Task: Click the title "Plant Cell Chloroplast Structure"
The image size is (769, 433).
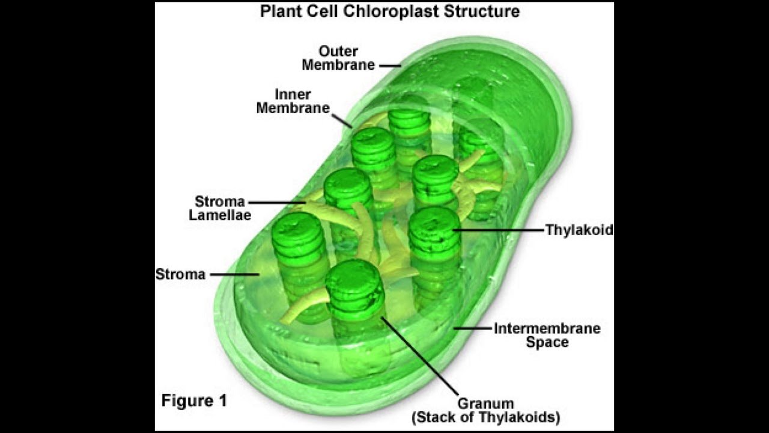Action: click(x=390, y=11)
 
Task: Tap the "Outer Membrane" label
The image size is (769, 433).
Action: click(x=338, y=58)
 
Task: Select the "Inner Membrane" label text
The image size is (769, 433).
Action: click(x=293, y=101)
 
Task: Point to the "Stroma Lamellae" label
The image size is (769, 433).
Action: click(x=220, y=208)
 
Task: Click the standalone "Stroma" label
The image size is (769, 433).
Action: click(x=181, y=274)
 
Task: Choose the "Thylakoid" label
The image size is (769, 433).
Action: click(x=580, y=230)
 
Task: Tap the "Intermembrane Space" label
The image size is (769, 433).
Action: click(x=547, y=335)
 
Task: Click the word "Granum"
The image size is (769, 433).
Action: click(x=485, y=404)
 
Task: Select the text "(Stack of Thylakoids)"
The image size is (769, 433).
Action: click(x=486, y=417)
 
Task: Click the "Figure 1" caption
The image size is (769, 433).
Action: click(x=194, y=401)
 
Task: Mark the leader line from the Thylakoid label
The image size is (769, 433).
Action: click(x=499, y=230)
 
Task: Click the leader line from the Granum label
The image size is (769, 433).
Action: click(x=419, y=355)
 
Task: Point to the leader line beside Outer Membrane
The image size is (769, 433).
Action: click(x=391, y=66)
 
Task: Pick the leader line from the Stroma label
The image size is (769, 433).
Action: click(x=235, y=274)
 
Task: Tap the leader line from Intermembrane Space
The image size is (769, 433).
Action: click(x=473, y=328)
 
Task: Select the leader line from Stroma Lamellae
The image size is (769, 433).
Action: click(x=277, y=203)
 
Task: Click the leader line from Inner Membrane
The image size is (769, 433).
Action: click(x=342, y=121)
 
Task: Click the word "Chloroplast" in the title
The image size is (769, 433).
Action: click(x=391, y=11)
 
